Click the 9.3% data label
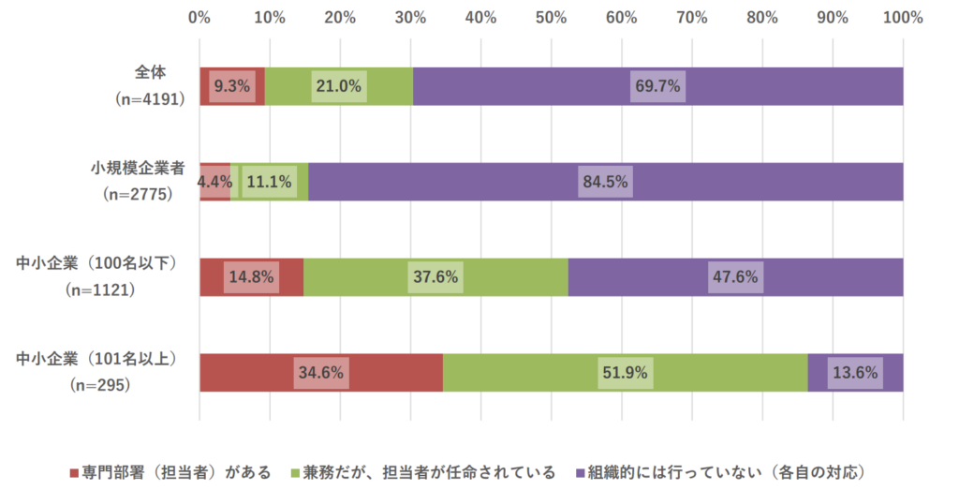pos(231,86)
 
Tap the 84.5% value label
pos(605,182)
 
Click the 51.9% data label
pos(624,373)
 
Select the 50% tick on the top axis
pos(551,17)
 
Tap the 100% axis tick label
pos(903,17)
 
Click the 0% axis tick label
pos(199,17)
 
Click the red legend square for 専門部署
pos(75,471)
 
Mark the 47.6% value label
pos(734,277)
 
